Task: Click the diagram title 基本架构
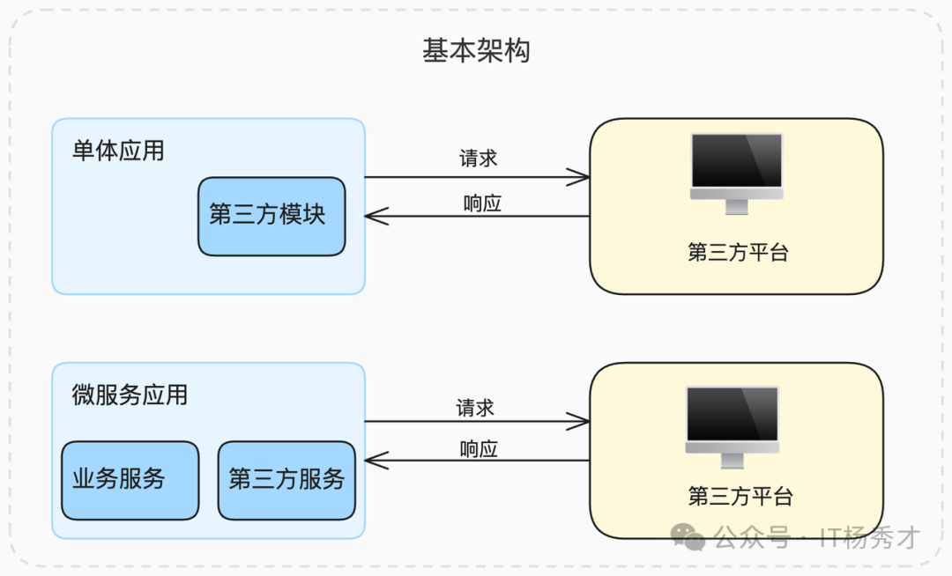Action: (x=476, y=51)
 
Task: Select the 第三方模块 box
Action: (x=271, y=216)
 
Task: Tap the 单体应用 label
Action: (x=118, y=151)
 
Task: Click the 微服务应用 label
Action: (x=130, y=395)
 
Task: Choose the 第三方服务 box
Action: (x=286, y=480)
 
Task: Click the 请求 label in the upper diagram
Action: (x=479, y=159)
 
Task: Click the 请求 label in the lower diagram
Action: (x=475, y=408)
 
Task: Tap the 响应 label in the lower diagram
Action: (x=479, y=449)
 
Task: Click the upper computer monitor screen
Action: (x=737, y=160)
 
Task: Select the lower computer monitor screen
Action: (x=733, y=414)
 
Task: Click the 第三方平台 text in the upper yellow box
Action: (x=738, y=253)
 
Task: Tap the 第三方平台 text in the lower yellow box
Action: (x=740, y=497)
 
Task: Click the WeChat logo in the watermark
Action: (x=688, y=536)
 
